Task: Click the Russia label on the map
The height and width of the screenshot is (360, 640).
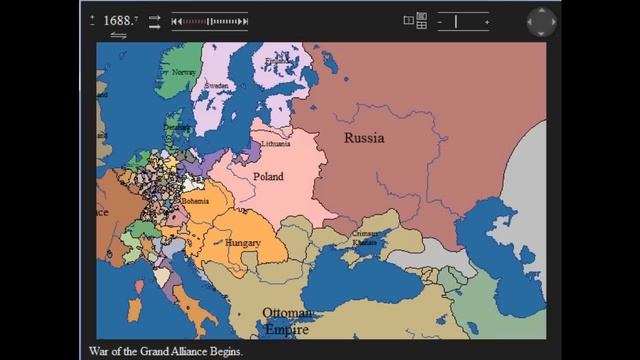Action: pos(364,138)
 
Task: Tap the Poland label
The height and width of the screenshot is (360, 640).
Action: pos(268,177)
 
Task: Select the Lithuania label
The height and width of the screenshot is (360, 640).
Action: pos(276,144)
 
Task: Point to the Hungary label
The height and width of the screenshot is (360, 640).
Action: pos(243,243)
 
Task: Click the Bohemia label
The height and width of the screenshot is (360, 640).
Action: pos(195,201)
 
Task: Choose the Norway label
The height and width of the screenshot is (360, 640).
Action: pos(184,72)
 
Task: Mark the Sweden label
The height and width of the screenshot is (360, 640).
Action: pos(217,86)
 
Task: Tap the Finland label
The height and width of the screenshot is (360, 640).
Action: pos(276,62)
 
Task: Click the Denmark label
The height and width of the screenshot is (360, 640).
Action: pos(179,128)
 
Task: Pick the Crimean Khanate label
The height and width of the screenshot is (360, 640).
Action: pos(364,238)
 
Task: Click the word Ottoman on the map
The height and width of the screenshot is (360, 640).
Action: pos(288,313)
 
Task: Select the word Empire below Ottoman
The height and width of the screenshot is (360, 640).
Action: pos(287,329)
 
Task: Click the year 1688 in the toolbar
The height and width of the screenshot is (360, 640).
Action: pos(119,20)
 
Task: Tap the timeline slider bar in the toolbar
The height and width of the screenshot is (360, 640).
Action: pos(209,20)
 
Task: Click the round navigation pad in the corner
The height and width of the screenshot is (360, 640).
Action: pos(542,22)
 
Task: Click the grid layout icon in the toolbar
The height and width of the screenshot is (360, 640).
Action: pos(421,20)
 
